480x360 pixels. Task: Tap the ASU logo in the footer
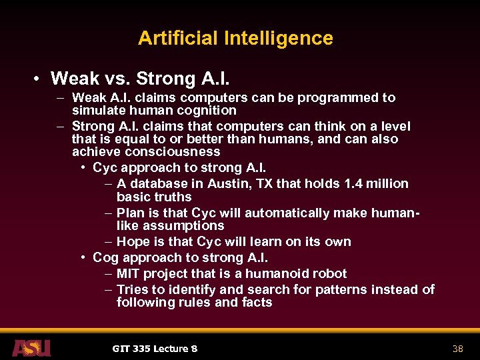[x=31, y=347]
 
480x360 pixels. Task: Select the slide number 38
[x=457, y=349]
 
